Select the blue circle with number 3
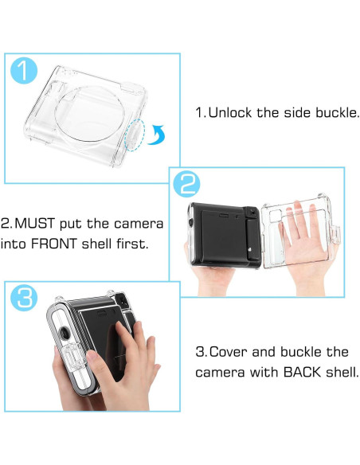24,298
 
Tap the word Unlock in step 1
229,112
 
